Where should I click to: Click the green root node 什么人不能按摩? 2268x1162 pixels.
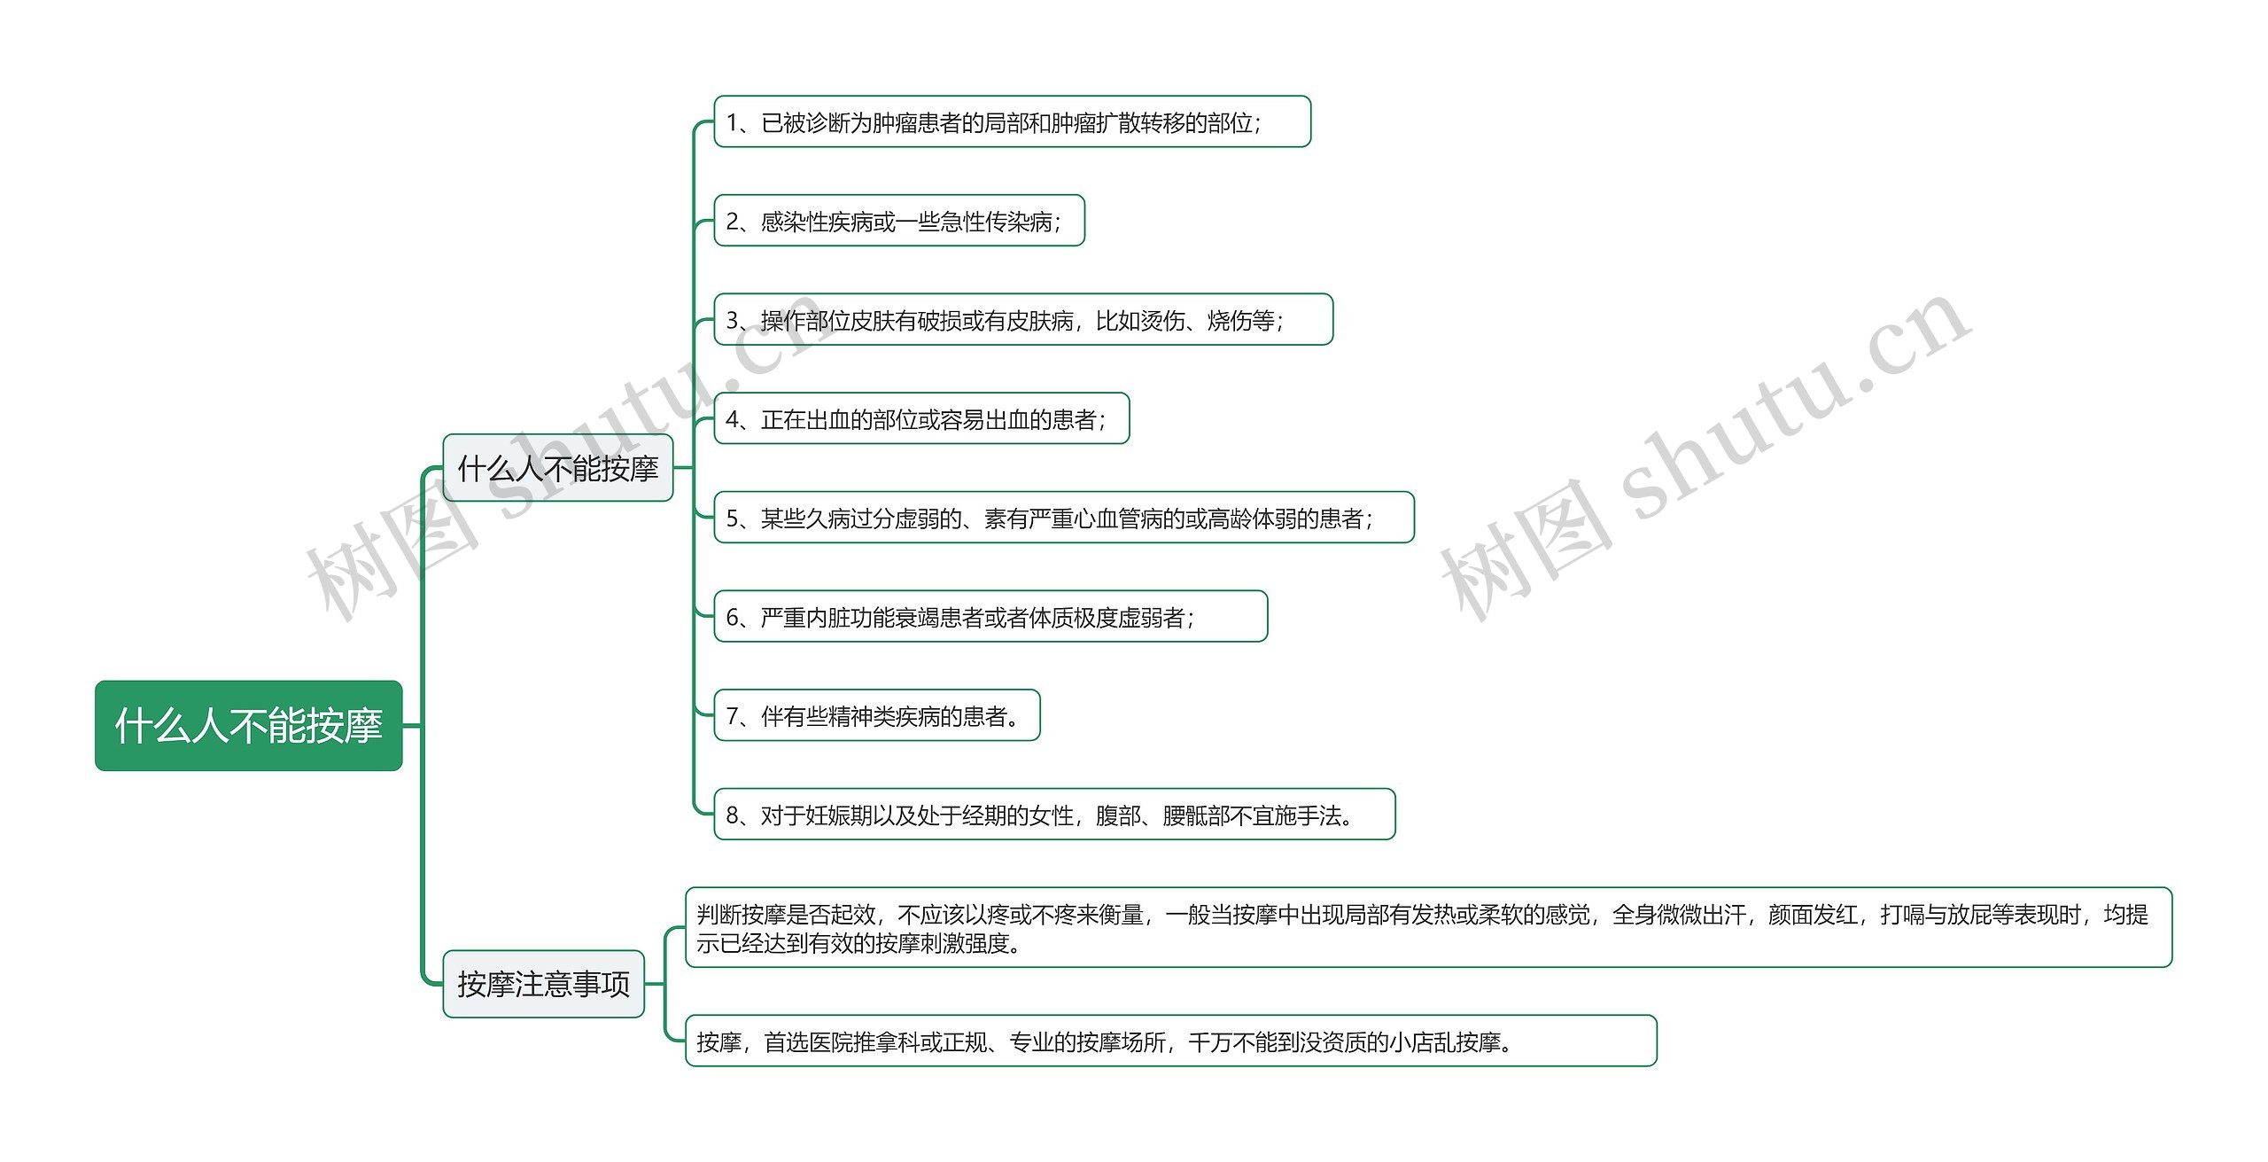coord(248,725)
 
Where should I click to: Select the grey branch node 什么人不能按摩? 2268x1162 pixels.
coord(557,468)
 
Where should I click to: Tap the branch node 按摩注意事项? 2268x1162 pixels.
coord(543,984)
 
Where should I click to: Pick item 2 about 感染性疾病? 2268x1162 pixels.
coord(898,222)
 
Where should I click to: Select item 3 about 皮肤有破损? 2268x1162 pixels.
coord(1022,320)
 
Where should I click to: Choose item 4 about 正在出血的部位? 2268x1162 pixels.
coord(921,419)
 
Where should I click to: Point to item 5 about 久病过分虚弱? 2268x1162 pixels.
coord(1063,519)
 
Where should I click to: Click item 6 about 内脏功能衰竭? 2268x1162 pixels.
coord(990,617)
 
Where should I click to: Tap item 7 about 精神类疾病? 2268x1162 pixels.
coord(876,716)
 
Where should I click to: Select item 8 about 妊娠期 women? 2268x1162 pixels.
coord(1054,815)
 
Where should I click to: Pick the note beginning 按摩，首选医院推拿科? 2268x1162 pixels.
coord(1170,1042)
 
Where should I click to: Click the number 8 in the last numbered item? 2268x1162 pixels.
coord(733,815)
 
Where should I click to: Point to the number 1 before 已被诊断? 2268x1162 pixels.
coord(732,122)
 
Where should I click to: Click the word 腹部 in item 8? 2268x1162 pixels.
coord(1118,815)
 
